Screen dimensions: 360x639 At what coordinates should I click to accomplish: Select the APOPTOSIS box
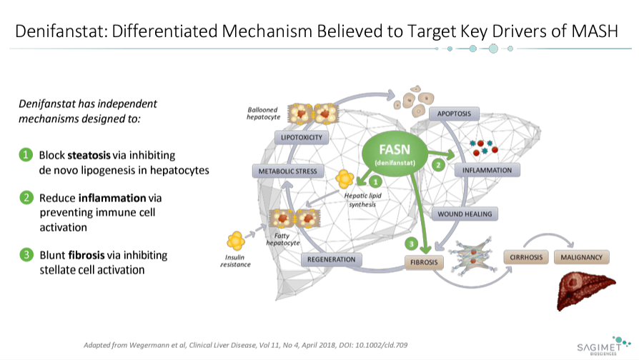click(x=453, y=114)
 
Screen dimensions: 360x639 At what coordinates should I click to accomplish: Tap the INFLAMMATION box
click(x=486, y=171)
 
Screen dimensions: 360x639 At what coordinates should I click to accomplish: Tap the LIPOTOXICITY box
click(x=301, y=137)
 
